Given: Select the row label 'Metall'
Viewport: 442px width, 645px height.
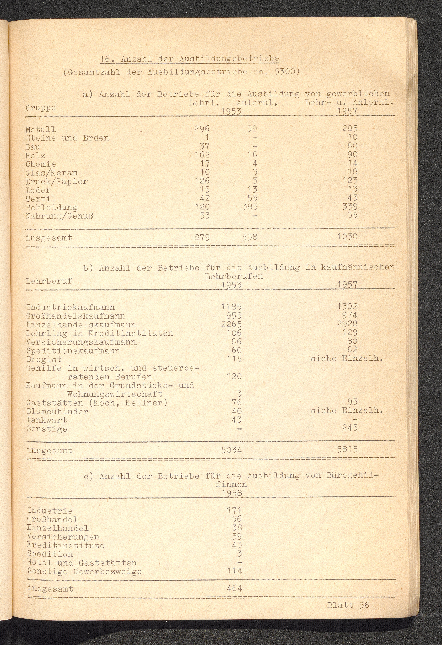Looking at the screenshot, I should click(41, 129).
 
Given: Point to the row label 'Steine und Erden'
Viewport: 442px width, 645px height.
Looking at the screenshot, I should click(67, 138).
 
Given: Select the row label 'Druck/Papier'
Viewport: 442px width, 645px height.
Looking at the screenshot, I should click(57, 182).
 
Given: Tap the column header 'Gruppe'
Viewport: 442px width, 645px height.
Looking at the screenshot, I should click(41, 108).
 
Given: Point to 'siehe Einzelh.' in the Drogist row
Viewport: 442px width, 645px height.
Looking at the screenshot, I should click(347, 358).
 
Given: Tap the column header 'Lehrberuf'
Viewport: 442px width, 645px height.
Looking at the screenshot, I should click(49, 281).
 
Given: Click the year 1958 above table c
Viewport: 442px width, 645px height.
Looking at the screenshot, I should click(231, 493).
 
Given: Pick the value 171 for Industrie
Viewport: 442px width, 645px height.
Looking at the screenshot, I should click(234, 510).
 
